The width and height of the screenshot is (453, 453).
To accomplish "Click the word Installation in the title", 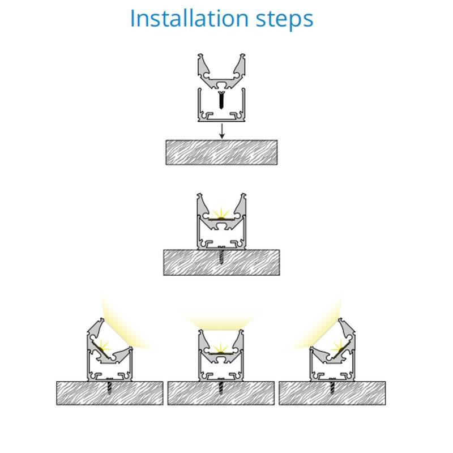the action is pyautogui.click(x=189, y=18).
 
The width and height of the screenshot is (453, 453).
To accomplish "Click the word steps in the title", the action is pyautogui.click(x=285, y=20).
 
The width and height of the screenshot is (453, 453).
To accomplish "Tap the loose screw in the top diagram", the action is pyautogui.click(x=221, y=100).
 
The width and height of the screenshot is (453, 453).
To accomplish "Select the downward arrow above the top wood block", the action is pyautogui.click(x=222, y=131).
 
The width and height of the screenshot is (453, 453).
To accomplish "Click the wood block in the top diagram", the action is pyautogui.click(x=221, y=152).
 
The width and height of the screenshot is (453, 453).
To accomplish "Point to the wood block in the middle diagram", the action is pyautogui.click(x=221, y=262).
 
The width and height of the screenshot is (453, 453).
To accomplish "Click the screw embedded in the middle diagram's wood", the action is pyautogui.click(x=221, y=255).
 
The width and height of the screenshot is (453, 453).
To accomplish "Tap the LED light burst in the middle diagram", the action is pyautogui.click(x=221, y=214).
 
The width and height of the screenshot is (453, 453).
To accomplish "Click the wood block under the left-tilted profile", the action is pyautogui.click(x=110, y=393).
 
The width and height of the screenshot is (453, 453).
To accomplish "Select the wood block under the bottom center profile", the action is pyautogui.click(x=221, y=393).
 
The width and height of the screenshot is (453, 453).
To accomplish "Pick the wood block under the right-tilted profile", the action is pyautogui.click(x=332, y=393).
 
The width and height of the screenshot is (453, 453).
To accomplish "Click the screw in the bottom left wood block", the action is pyautogui.click(x=109, y=387).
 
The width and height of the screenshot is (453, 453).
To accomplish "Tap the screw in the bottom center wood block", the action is pyautogui.click(x=221, y=387).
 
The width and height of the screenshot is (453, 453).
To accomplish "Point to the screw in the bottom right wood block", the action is pyautogui.click(x=332, y=387).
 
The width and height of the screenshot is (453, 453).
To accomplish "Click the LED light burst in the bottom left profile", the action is pyautogui.click(x=102, y=345).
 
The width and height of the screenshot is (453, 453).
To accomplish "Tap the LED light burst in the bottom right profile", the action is pyautogui.click(x=339, y=345).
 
